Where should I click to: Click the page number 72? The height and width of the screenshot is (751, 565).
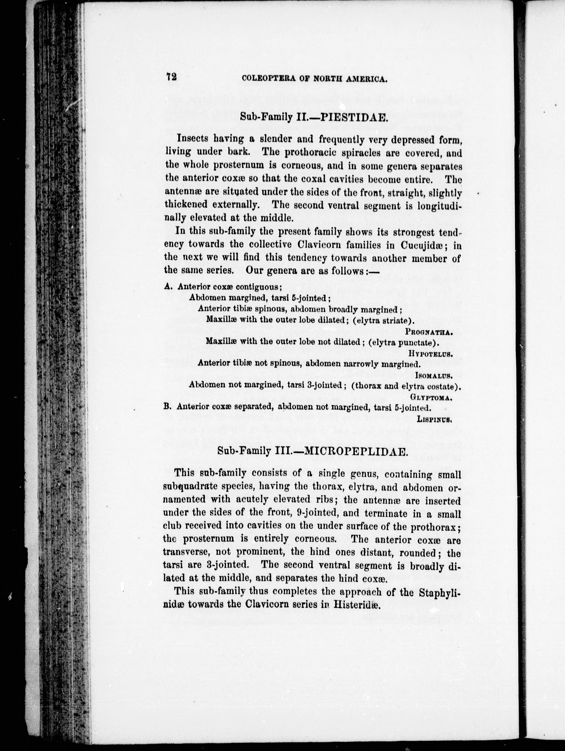click(x=172, y=76)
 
